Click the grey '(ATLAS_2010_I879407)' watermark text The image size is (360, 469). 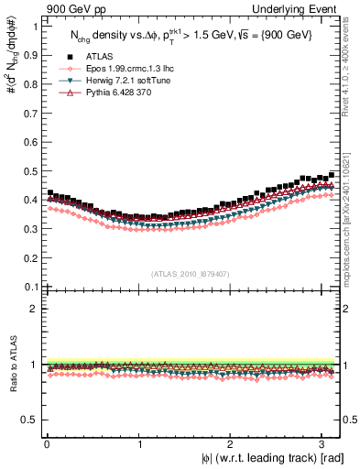pyautogui.click(x=191, y=274)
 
